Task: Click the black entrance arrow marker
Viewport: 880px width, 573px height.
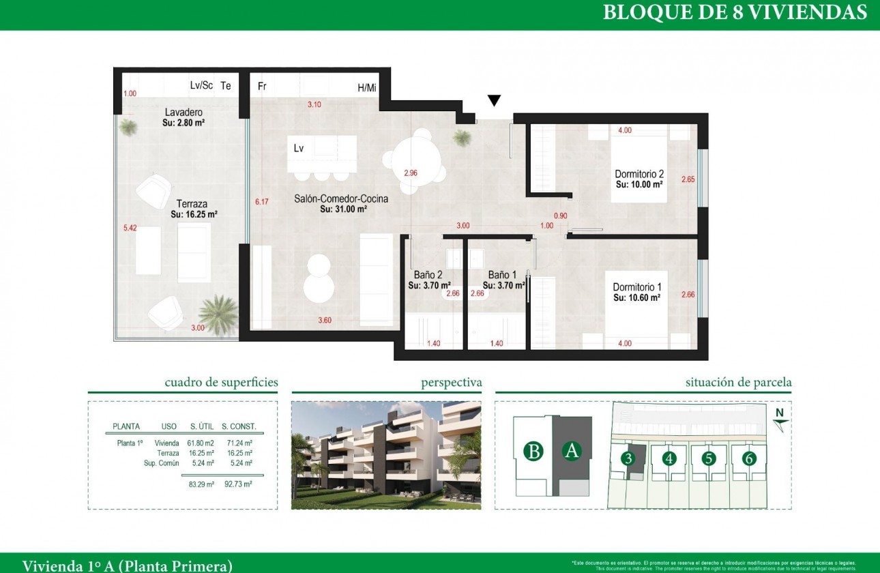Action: pyautogui.click(x=495, y=101)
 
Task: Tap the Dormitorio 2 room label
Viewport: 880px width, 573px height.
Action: pyautogui.click(x=639, y=174)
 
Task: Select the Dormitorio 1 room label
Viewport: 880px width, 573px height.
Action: pyautogui.click(x=637, y=287)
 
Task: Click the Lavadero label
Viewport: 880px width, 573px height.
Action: pyautogui.click(x=184, y=112)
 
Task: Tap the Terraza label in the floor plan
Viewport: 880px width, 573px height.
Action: pyautogui.click(x=192, y=203)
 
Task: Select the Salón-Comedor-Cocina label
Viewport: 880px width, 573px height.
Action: pyautogui.click(x=341, y=199)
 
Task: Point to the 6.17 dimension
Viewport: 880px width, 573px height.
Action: pyautogui.click(x=262, y=202)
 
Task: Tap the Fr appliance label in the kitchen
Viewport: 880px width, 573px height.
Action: pyautogui.click(x=261, y=87)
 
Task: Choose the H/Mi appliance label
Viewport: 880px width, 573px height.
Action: pyautogui.click(x=366, y=87)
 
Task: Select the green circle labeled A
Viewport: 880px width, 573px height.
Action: pyautogui.click(x=572, y=452)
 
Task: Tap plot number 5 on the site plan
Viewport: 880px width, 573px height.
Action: pyautogui.click(x=709, y=458)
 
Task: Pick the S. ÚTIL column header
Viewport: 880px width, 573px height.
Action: pyautogui.click(x=203, y=426)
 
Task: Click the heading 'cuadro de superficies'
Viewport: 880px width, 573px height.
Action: pyautogui.click(x=221, y=383)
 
